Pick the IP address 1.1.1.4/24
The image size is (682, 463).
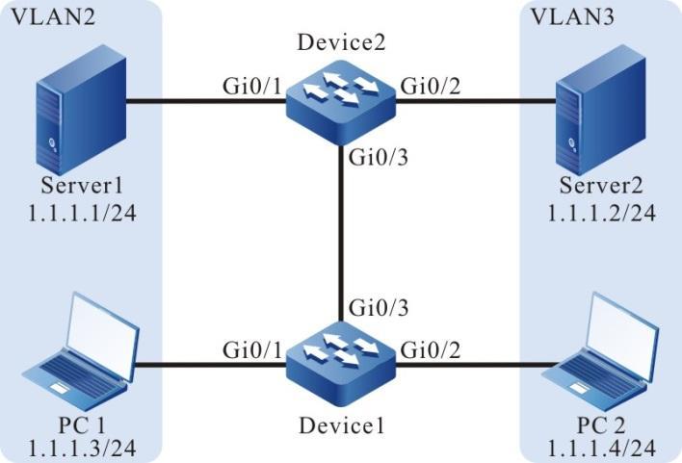point(602,445)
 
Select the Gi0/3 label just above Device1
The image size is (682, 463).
point(370,308)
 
